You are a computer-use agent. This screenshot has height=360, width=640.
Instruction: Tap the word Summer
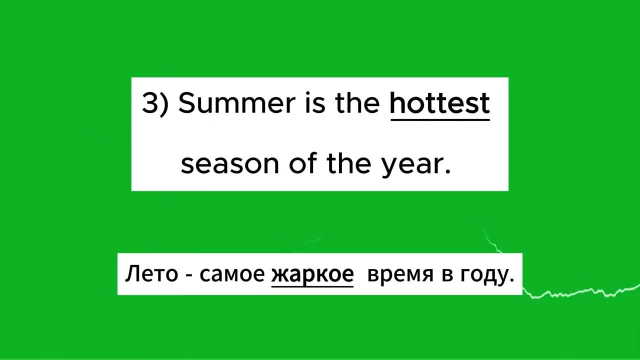point(237,103)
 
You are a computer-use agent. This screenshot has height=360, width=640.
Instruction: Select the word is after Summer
point(315,103)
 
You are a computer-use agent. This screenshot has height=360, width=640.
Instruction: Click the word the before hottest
point(357,102)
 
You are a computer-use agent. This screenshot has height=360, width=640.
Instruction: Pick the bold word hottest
point(440,102)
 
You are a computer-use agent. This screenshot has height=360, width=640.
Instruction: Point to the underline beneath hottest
point(440,119)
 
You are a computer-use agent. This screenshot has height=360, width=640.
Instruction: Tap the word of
point(303,163)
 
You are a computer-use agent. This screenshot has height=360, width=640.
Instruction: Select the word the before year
point(349,163)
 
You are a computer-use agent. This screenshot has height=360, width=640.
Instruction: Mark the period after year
point(447,171)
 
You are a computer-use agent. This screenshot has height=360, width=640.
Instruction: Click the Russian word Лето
point(151,273)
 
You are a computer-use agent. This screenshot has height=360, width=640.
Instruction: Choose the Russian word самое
point(232,275)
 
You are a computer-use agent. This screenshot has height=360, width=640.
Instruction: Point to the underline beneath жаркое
point(312,286)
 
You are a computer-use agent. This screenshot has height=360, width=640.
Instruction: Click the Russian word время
point(400,275)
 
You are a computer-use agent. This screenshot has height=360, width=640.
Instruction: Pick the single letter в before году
point(447,275)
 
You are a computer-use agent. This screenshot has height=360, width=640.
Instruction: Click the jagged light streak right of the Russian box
point(580,292)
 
